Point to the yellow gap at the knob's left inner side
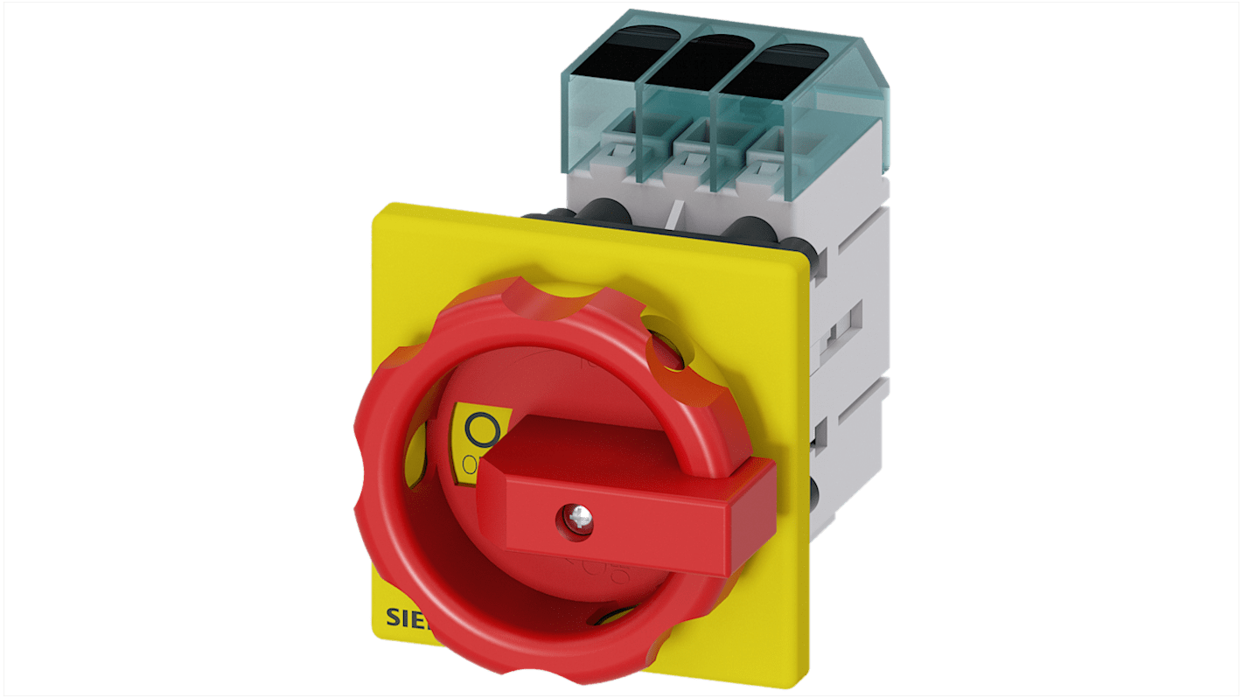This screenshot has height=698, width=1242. point(418,450)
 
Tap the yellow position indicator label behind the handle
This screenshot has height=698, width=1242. point(472,442)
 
